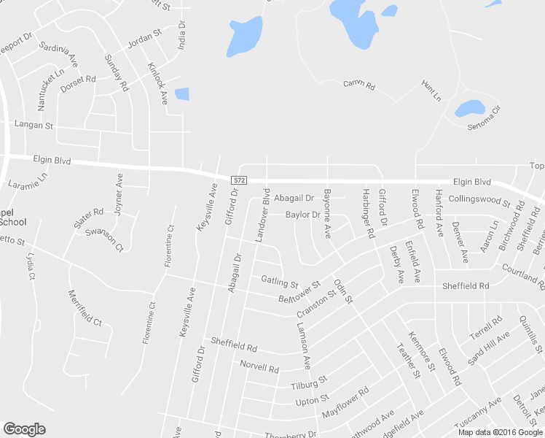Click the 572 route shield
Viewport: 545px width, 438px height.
click(238, 180)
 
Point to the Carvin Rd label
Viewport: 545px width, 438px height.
click(358, 85)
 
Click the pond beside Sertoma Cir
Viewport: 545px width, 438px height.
click(469, 109)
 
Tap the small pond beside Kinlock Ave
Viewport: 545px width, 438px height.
click(181, 93)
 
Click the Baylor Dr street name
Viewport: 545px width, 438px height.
click(302, 215)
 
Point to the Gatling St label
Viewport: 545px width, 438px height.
click(279, 281)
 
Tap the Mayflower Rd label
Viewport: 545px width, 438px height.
click(345, 401)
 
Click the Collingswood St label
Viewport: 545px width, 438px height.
click(479, 199)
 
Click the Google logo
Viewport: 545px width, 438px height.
click(24, 429)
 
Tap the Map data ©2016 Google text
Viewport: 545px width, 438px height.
click(500, 431)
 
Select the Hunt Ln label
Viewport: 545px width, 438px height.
click(431, 91)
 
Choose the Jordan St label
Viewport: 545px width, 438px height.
click(144, 38)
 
